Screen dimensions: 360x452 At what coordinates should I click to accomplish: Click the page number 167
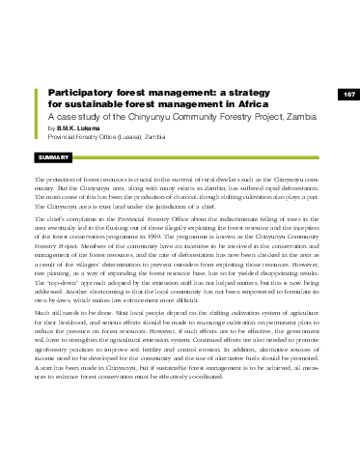pyautogui.click(x=348, y=94)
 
